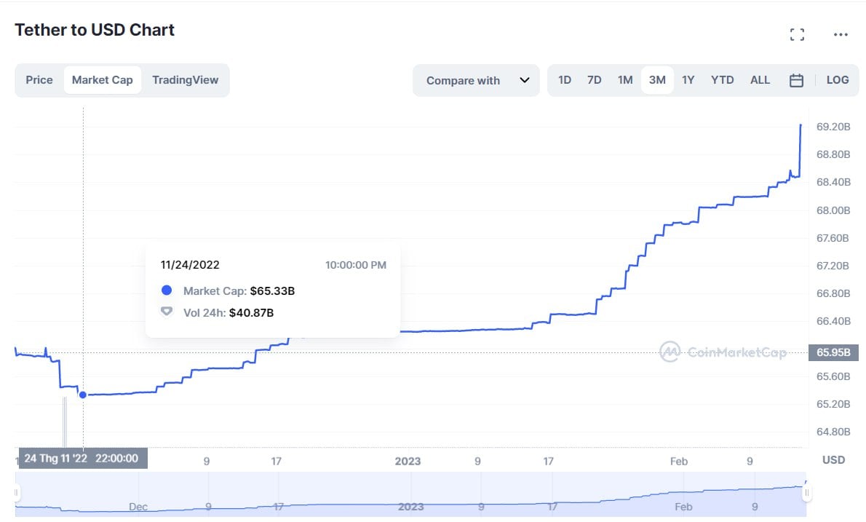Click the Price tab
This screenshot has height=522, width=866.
coord(39,80)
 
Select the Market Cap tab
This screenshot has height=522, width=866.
coord(103,80)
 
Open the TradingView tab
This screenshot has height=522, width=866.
coord(185,80)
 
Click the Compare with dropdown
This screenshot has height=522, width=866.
coord(477,81)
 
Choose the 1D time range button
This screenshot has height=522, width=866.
coord(564,80)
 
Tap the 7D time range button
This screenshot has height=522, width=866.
coord(594,80)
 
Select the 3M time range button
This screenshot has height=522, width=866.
coord(657,80)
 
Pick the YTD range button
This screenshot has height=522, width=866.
coord(722,80)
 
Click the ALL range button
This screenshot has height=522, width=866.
coord(760,80)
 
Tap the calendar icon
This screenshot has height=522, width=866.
coord(796,81)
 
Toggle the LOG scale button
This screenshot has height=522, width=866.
coord(838,80)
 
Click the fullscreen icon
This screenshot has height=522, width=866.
coord(797,34)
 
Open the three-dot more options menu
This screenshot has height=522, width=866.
coord(841,34)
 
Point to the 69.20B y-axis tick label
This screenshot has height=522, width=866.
coord(833,127)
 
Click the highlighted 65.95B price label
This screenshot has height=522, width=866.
coord(833,352)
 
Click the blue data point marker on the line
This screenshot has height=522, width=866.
coord(83,395)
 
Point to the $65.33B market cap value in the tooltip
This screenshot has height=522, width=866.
coord(272,291)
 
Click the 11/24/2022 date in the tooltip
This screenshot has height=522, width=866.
coord(190,265)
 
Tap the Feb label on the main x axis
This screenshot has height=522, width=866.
coord(679,461)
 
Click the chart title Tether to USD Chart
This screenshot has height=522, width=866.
coord(95,30)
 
